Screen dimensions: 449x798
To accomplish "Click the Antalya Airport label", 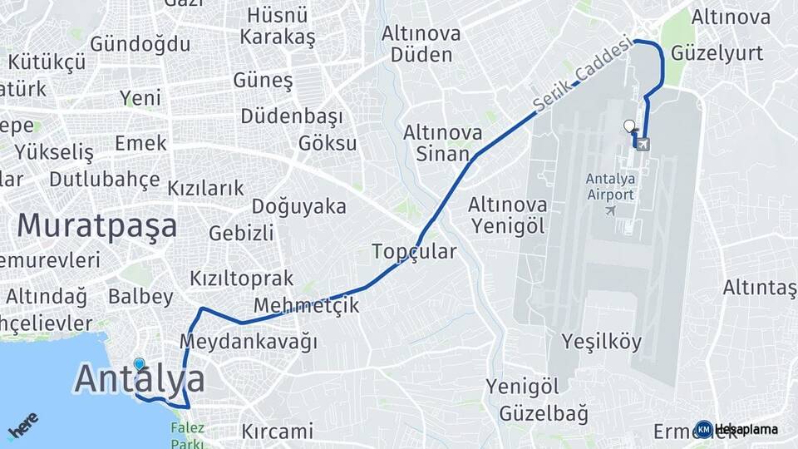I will [x=610, y=186].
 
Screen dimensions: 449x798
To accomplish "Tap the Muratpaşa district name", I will [x=97, y=225].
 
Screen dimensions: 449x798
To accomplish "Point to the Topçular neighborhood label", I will [x=414, y=251].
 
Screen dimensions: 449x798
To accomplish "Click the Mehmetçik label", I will [x=307, y=305].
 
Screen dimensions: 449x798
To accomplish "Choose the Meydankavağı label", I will [x=249, y=341].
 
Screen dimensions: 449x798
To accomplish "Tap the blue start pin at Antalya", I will [x=139, y=364].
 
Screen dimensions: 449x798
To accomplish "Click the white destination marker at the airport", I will [x=629, y=127].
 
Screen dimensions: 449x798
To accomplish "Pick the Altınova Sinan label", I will [x=442, y=142].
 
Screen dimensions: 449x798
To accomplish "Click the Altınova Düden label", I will [x=417, y=44].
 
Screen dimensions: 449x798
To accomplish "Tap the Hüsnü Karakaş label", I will [x=278, y=26].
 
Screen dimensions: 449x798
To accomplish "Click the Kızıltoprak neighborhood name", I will [x=242, y=278].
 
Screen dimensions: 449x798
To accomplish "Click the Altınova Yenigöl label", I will [x=507, y=215].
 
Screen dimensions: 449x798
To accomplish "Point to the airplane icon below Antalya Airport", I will [x=611, y=210].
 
